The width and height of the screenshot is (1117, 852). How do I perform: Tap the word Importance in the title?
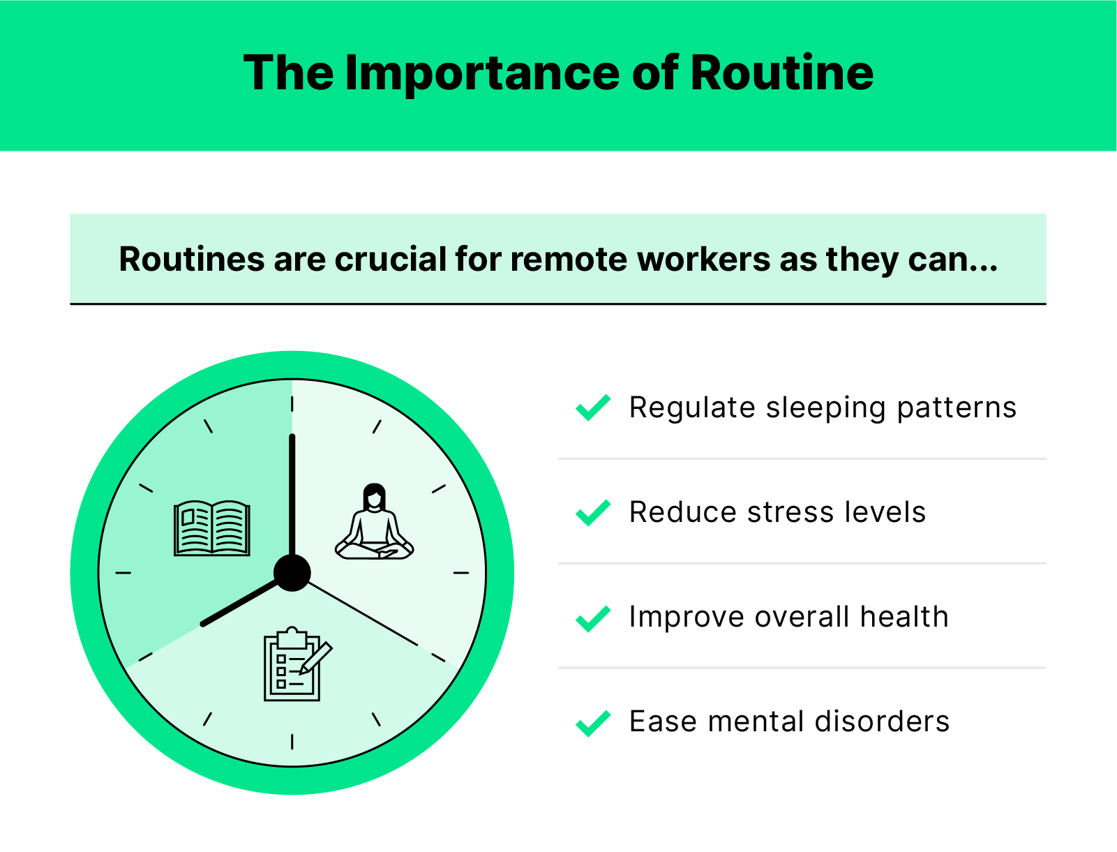click(481, 73)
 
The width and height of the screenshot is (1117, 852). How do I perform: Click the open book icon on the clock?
click(212, 528)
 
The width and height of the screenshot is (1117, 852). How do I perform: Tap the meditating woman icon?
click(375, 523)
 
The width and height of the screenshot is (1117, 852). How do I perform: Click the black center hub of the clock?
click(292, 573)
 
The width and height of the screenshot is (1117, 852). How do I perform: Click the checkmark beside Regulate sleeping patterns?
click(593, 408)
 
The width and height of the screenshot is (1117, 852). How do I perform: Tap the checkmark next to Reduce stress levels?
click(593, 513)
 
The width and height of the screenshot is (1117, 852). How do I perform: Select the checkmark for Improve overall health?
click(593, 618)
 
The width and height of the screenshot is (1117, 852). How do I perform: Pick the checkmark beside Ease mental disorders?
click(593, 723)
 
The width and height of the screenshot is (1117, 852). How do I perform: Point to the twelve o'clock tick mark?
click(292, 403)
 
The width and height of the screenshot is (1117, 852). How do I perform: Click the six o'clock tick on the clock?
click(292, 742)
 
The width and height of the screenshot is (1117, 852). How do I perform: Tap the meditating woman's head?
click(375, 497)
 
